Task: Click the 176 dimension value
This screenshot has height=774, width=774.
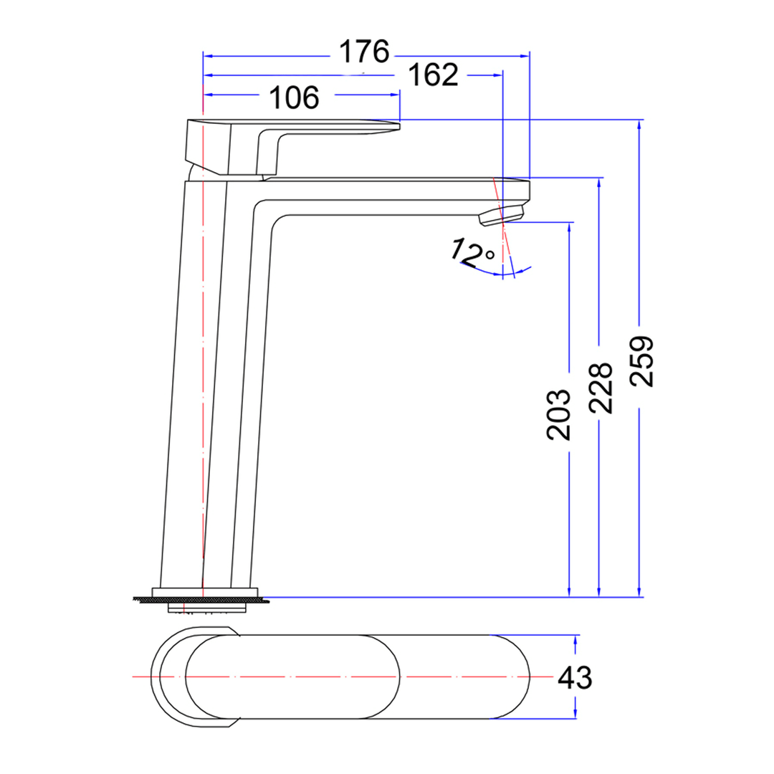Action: [x=363, y=52]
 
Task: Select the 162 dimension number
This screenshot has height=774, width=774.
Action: [x=433, y=75]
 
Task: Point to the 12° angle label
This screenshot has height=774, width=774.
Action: [x=472, y=252]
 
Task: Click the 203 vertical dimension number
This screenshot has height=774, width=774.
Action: [x=558, y=415]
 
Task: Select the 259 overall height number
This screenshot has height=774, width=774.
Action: [x=644, y=360]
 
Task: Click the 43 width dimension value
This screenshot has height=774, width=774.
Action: [x=575, y=677]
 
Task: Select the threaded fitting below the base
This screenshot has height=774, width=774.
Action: [x=208, y=608]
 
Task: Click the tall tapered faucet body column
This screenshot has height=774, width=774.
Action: [x=215, y=387]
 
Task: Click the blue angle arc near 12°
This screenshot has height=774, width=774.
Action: [x=502, y=273]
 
